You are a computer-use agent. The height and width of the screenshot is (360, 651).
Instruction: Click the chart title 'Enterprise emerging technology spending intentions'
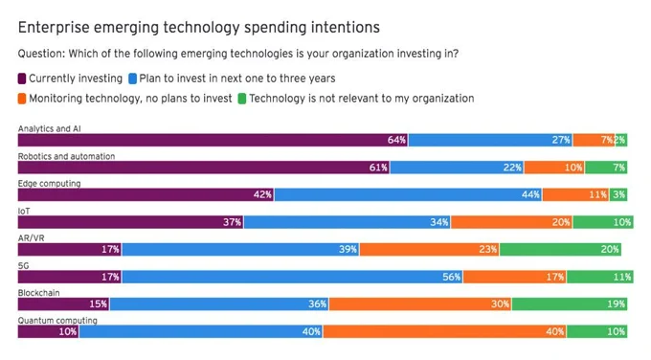[199, 28]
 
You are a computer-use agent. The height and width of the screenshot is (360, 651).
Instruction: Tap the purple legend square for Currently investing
[22, 79]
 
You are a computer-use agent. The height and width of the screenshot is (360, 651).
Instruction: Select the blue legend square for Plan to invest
[132, 79]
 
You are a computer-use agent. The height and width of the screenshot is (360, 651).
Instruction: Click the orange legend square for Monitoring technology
[22, 99]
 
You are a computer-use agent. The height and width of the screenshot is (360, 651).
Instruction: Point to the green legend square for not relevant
[242, 99]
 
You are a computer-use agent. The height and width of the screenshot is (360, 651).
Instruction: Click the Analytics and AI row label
[50, 128]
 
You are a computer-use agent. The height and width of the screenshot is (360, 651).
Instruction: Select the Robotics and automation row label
[66, 156]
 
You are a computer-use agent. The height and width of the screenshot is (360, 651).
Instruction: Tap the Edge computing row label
[50, 184]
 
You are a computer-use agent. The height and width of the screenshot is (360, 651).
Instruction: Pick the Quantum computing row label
[57, 320]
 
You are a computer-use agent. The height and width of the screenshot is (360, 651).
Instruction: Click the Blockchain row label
[38, 293]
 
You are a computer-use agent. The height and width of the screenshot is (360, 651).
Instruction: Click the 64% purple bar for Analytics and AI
[213, 140]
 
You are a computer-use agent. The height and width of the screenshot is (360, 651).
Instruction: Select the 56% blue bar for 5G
[292, 277]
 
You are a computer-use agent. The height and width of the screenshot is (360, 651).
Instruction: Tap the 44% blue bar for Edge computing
[408, 194]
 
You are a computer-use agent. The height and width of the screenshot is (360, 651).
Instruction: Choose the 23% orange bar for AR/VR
[430, 250]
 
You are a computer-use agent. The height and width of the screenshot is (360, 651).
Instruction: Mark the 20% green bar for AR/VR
[560, 250]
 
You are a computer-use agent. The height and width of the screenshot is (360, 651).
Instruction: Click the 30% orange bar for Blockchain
[420, 304]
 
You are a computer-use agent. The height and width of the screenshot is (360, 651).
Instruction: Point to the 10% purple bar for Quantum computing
[49, 332]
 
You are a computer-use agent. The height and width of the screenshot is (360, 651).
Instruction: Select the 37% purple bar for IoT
[131, 222]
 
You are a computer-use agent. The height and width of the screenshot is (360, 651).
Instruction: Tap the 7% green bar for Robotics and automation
[606, 168]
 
